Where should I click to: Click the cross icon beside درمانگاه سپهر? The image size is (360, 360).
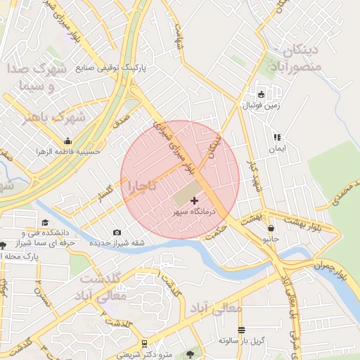coord(195,201)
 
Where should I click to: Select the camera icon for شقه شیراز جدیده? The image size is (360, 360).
coord(117,233)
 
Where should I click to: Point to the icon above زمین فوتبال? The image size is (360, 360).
coord(262,95)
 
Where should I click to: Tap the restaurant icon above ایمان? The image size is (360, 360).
coord(277,138)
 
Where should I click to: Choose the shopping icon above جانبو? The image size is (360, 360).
coord(271,228)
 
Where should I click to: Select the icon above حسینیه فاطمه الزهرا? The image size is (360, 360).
coord(67,141)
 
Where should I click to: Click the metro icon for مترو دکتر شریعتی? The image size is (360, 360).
coord(144,343)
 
